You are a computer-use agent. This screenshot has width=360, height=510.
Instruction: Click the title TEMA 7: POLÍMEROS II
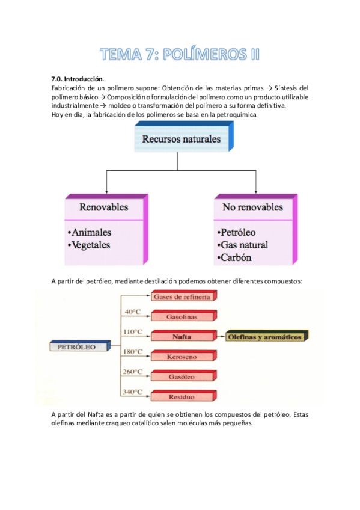(180, 55)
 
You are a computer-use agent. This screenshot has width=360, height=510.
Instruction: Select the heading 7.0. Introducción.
(79, 79)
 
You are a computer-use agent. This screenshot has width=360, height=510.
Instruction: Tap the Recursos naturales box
(181, 140)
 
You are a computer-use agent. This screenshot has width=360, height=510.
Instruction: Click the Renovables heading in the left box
(104, 207)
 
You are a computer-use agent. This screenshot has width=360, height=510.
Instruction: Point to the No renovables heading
(252, 207)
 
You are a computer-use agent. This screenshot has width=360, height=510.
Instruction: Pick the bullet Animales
(90, 232)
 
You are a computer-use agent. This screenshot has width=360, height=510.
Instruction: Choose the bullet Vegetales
(90, 245)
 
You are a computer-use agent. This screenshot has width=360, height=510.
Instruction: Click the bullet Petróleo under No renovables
(237, 232)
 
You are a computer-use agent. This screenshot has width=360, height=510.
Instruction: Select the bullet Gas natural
(242, 245)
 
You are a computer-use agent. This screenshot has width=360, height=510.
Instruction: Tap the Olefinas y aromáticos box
(265, 337)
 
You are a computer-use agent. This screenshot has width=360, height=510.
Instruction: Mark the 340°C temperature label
(133, 392)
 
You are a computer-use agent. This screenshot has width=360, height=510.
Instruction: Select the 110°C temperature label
(133, 331)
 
